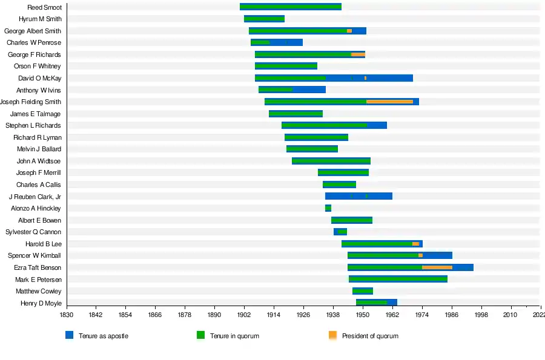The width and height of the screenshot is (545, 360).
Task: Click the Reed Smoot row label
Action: pos(44,7)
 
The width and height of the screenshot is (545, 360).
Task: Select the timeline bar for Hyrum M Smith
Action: pos(264,19)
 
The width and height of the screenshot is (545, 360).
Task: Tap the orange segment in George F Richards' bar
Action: pos(358,54)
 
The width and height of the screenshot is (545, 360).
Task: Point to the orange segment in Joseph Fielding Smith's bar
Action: pos(389,102)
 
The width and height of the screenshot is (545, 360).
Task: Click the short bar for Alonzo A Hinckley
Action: pos(328,208)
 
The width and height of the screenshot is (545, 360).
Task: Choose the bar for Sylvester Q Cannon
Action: pos(340,232)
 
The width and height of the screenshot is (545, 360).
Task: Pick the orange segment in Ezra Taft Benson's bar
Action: pos(437,267)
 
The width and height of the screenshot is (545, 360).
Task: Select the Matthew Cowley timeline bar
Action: pos(363,291)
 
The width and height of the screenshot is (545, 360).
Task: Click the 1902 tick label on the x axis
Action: pos(244,315)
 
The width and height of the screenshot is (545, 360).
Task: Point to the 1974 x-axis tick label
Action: pos(422,315)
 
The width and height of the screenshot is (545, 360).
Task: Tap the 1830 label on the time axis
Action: pos(67,315)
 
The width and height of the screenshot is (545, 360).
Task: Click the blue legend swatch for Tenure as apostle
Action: pos(70,335)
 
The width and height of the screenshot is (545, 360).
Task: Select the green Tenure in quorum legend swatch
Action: pos(200,335)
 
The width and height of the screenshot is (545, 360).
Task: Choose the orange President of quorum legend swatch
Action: pos(332,335)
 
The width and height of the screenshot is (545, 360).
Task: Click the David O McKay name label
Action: pos(39,78)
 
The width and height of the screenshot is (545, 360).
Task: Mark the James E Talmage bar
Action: pos(296,114)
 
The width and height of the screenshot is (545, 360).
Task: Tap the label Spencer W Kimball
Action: pos(35,255)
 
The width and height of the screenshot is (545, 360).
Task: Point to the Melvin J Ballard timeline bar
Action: pos(312,149)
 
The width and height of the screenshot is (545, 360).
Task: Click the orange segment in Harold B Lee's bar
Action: pos(415,244)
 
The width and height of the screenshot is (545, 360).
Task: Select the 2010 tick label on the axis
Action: pos(511,315)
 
